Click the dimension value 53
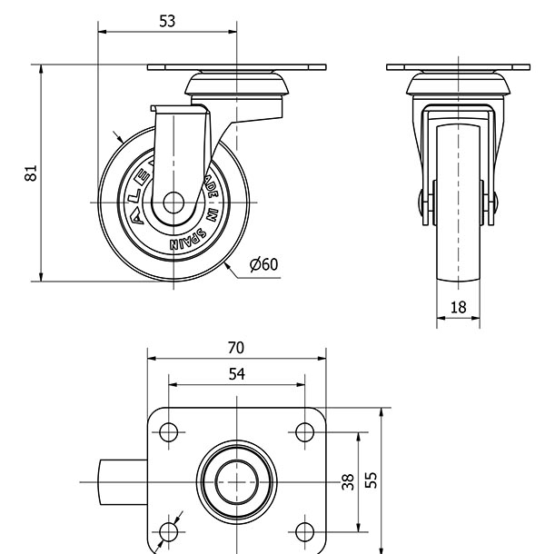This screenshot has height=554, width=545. (167, 21)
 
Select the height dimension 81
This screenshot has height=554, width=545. (30, 173)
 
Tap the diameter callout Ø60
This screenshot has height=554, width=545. (263, 264)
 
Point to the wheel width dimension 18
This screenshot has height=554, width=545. (458, 307)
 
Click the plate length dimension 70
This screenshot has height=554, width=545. (236, 348)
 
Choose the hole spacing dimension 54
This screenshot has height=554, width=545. (236, 373)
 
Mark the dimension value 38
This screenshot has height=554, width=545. (347, 481)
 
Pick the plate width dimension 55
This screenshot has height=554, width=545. (371, 480)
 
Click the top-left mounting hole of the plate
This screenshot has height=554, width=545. (168, 432)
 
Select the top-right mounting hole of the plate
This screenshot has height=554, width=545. (304, 432)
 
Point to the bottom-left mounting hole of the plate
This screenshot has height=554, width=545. (168, 530)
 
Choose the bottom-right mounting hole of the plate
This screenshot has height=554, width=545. (304, 530)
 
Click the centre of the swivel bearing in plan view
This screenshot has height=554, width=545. (236, 481)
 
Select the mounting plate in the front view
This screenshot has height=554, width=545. (458, 67)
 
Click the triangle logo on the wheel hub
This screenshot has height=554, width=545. (136, 217)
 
